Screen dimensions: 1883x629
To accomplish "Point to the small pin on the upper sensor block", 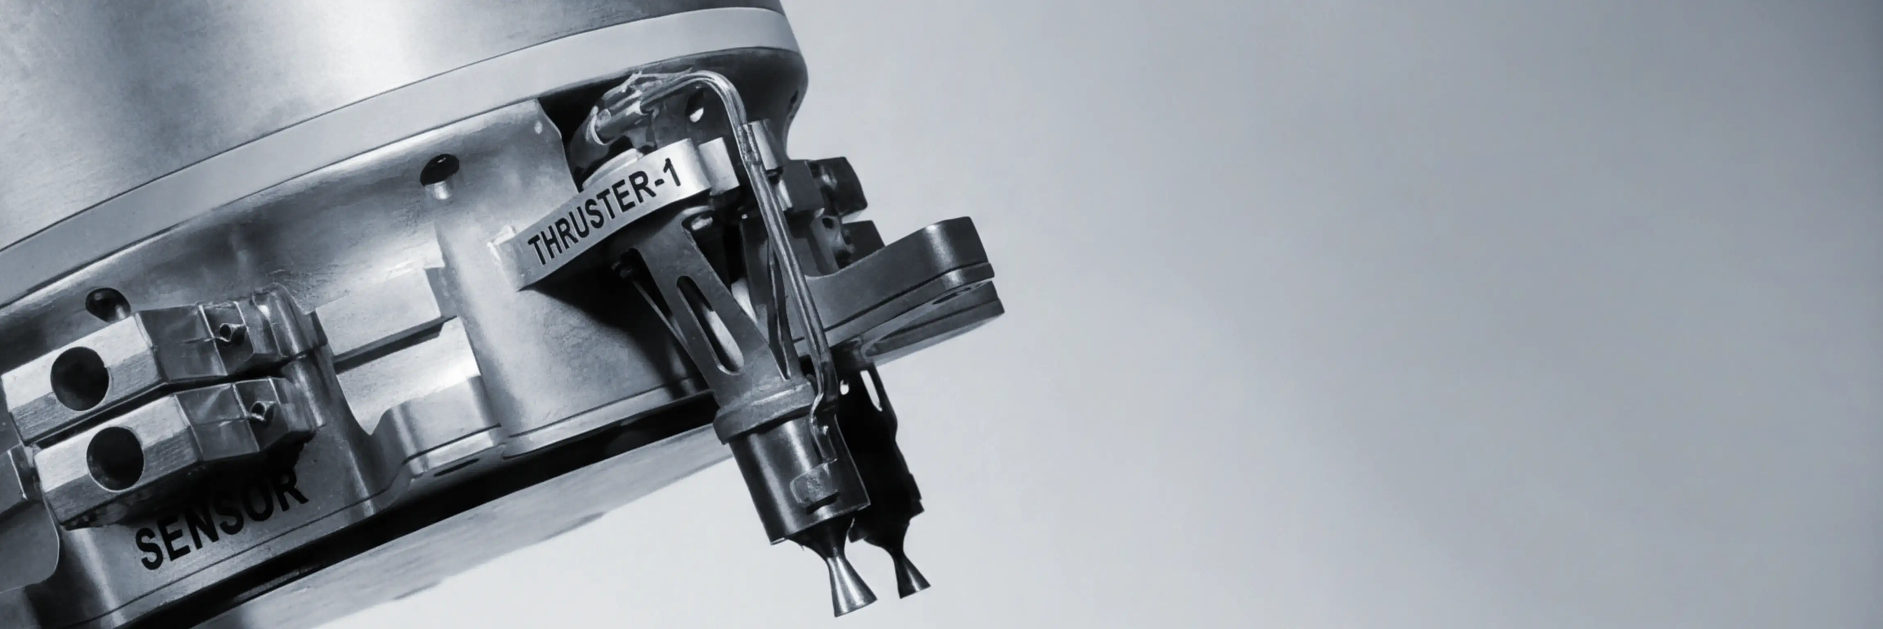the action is tap(228, 333).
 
